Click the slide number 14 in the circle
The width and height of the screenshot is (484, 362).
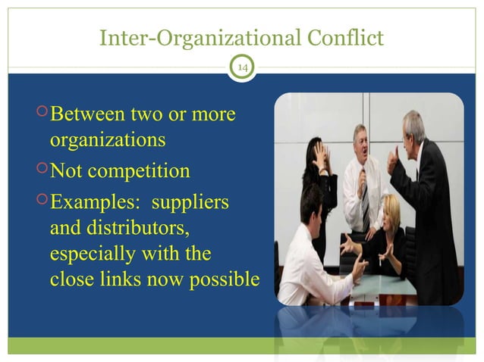tap(243, 69)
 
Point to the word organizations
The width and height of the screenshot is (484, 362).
tap(107, 141)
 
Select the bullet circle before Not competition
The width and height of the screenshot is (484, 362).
tap(42, 170)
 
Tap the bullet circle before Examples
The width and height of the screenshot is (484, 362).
tap(42, 201)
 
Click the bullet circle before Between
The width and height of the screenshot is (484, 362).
tap(42, 115)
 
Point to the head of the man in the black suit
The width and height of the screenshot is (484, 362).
tap(414, 127)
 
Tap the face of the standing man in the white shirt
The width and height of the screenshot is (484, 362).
tap(360, 140)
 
